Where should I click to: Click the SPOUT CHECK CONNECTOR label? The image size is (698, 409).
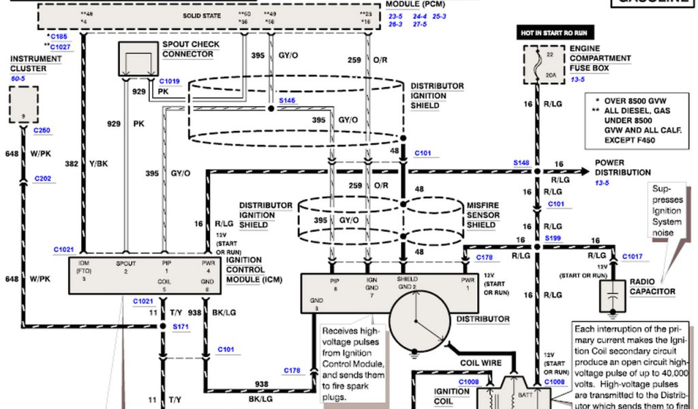point(191,49)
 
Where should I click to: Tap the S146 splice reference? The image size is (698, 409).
point(287,100)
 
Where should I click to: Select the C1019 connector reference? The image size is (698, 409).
point(170,81)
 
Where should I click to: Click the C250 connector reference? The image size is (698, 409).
point(42,130)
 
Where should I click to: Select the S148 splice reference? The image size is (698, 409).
point(521,163)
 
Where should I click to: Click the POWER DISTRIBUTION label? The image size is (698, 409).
point(622,168)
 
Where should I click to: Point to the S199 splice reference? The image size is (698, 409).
point(553,238)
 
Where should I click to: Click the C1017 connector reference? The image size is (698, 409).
point(632,256)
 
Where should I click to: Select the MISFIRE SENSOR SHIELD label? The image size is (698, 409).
point(482,215)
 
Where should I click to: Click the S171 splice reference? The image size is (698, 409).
point(181,328)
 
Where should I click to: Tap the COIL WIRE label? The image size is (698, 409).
point(481,363)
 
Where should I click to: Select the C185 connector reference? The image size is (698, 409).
point(58,35)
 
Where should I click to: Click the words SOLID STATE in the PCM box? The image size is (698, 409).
point(202,15)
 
